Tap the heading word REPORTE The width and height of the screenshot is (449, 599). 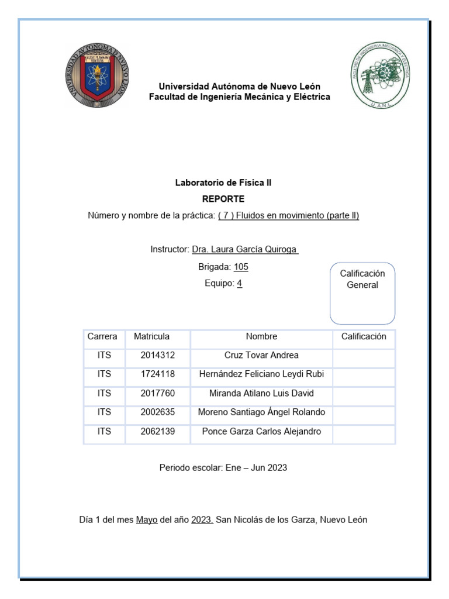coord(223,199)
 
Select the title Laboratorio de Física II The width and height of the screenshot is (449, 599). coord(223,183)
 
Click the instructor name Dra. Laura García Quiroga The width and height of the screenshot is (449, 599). coord(246,250)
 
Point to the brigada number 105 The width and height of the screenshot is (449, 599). coord(240,267)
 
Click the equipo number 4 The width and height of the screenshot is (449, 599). coord(239,283)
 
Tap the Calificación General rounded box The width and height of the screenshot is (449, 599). coord(362,293)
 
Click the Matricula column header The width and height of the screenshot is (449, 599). coord(152,337)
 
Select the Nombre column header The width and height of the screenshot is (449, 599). coord(261,337)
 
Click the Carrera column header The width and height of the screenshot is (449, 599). coord(102,337)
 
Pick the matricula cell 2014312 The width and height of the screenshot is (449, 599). coord(157,355)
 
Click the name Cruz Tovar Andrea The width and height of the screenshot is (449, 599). coord(261,355)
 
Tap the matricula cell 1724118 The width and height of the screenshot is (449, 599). coord(157,374)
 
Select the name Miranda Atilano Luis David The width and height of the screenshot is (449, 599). coord(261,393)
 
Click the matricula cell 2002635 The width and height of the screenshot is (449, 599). coord(157,412)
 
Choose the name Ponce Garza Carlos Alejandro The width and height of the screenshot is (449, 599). coord(261,432)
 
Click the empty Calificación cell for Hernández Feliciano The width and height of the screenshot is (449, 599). coord(364,374)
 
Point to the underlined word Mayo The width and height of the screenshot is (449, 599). coord(147,519)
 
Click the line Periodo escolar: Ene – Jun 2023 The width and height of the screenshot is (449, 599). coord(223,468)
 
